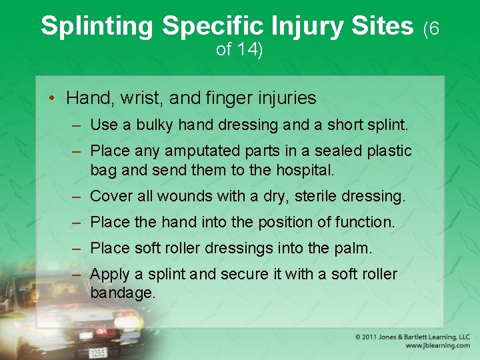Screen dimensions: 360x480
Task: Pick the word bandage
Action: (x=123, y=293)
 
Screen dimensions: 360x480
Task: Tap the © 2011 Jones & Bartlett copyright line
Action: (x=412, y=337)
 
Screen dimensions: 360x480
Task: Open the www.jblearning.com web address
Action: (x=437, y=346)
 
